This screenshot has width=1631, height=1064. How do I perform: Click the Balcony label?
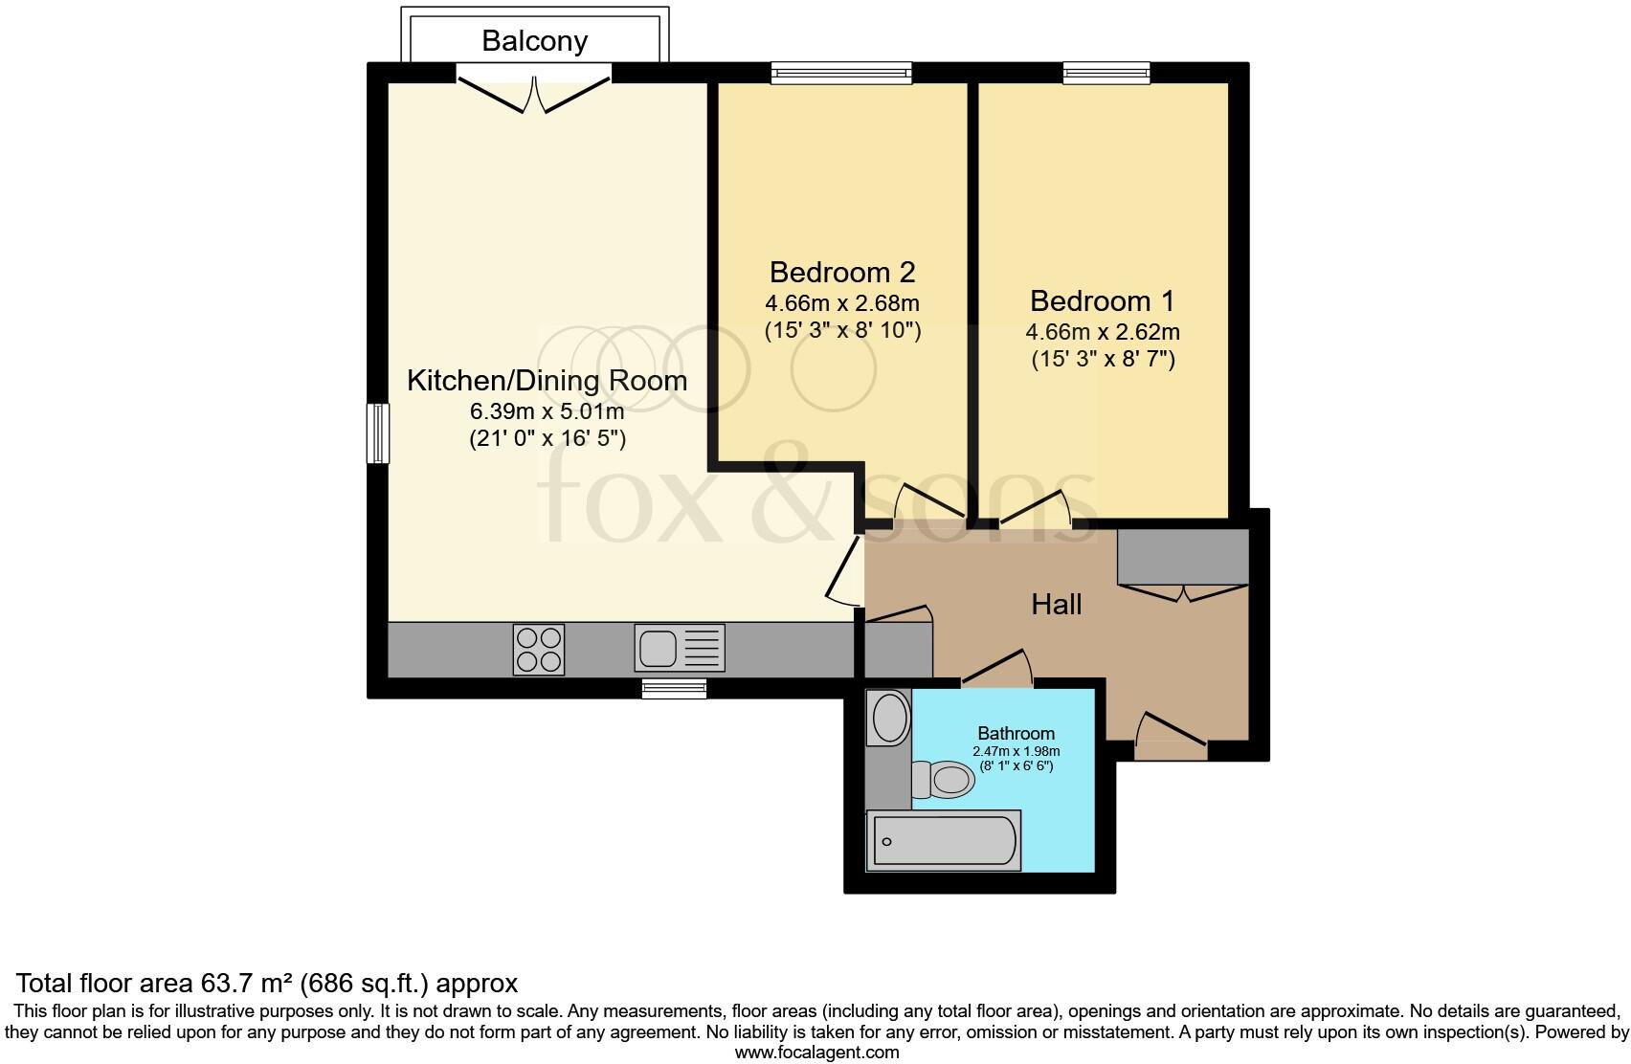(x=534, y=40)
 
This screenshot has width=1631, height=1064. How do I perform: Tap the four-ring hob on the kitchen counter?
(x=538, y=650)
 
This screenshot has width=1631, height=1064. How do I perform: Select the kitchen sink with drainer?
(x=679, y=648)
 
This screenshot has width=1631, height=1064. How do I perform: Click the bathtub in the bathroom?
(x=942, y=840)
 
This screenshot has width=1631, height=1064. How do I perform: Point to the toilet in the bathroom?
(x=942, y=779)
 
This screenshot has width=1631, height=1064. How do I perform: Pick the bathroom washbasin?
(x=890, y=719)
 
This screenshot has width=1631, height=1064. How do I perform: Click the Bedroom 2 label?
(x=842, y=273)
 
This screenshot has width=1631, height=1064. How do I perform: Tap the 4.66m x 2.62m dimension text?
(x=1103, y=333)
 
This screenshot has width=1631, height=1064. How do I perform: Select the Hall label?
(x=1057, y=604)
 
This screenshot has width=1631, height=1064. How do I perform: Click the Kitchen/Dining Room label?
(x=547, y=380)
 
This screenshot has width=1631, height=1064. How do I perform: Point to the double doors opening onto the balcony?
(x=533, y=91)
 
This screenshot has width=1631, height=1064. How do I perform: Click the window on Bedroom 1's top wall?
(x=1106, y=73)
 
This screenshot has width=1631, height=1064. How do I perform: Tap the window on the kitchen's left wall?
(x=379, y=433)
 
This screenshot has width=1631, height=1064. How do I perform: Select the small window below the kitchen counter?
(x=674, y=688)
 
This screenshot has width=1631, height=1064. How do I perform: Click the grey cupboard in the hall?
(x=1182, y=556)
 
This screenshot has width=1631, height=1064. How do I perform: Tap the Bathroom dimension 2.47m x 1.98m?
(x=1016, y=752)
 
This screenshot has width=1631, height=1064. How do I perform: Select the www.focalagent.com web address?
(x=815, y=1053)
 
